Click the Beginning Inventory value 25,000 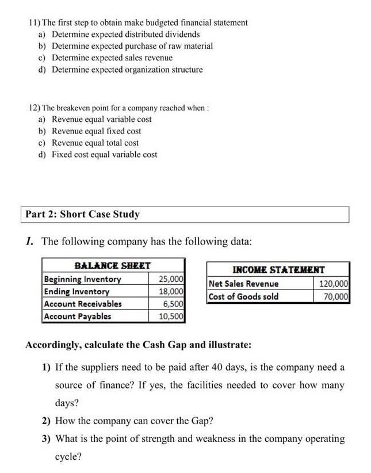coord(171,280)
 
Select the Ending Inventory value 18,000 coord(171,292)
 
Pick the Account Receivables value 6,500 coord(173,304)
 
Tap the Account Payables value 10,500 coord(171,316)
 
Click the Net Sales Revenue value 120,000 coord(333,284)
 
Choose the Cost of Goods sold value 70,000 coord(335,296)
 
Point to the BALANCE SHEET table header coord(113,266)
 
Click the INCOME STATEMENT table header coord(278,269)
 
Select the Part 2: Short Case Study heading coord(82,214)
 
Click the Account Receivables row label coord(83,304)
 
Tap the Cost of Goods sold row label coord(244,296)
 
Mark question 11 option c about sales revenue coord(112,58)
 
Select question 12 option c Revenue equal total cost coord(95,143)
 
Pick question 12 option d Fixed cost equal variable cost coord(104,154)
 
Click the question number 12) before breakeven coord(35,108)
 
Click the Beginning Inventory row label coord(82,280)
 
